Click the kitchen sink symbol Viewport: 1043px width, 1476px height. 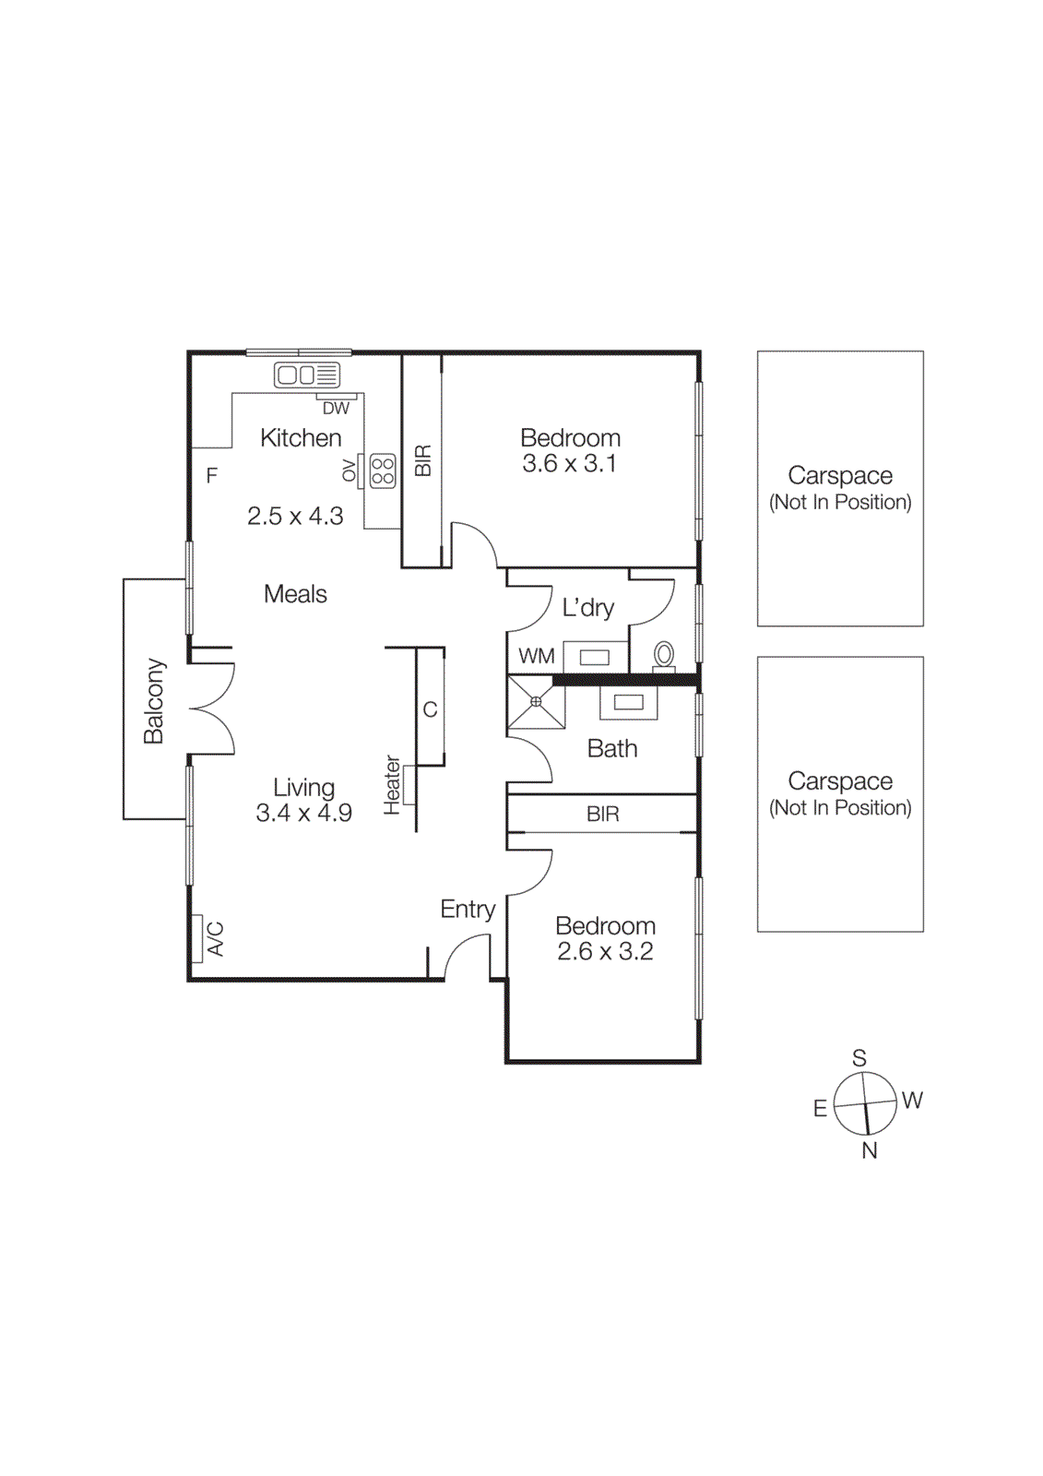tap(307, 375)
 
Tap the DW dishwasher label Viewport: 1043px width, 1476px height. tap(336, 408)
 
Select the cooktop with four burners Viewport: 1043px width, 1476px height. tap(383, 470)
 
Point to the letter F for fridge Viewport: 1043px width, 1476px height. tap(211, 476)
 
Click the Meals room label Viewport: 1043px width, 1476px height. tap(295, 594)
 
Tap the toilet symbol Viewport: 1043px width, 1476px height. tap(663, 655)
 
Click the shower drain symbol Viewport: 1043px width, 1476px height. tap(536, 702)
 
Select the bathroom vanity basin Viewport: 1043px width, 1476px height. tap(628, 703)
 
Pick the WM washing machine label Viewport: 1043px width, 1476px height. tap(536, 656)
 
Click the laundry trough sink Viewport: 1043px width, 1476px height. tap(595, 658)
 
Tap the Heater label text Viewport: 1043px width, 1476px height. tap(392, 785)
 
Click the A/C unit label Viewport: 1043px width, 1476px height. tap(216, 938)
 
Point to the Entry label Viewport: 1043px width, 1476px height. tap(468, 910)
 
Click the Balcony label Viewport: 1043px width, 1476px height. tap(154, 701)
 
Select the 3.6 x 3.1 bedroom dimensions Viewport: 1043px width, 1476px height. tap(569, 464)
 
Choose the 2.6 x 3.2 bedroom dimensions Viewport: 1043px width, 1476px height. tap(605, 952)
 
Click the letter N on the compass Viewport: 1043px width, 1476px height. tap(869, 1150)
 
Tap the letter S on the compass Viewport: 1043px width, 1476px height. tap(859, 1058)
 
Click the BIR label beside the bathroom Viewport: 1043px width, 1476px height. tap(602, 814)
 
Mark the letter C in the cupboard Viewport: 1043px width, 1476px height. tap(430, 709)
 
